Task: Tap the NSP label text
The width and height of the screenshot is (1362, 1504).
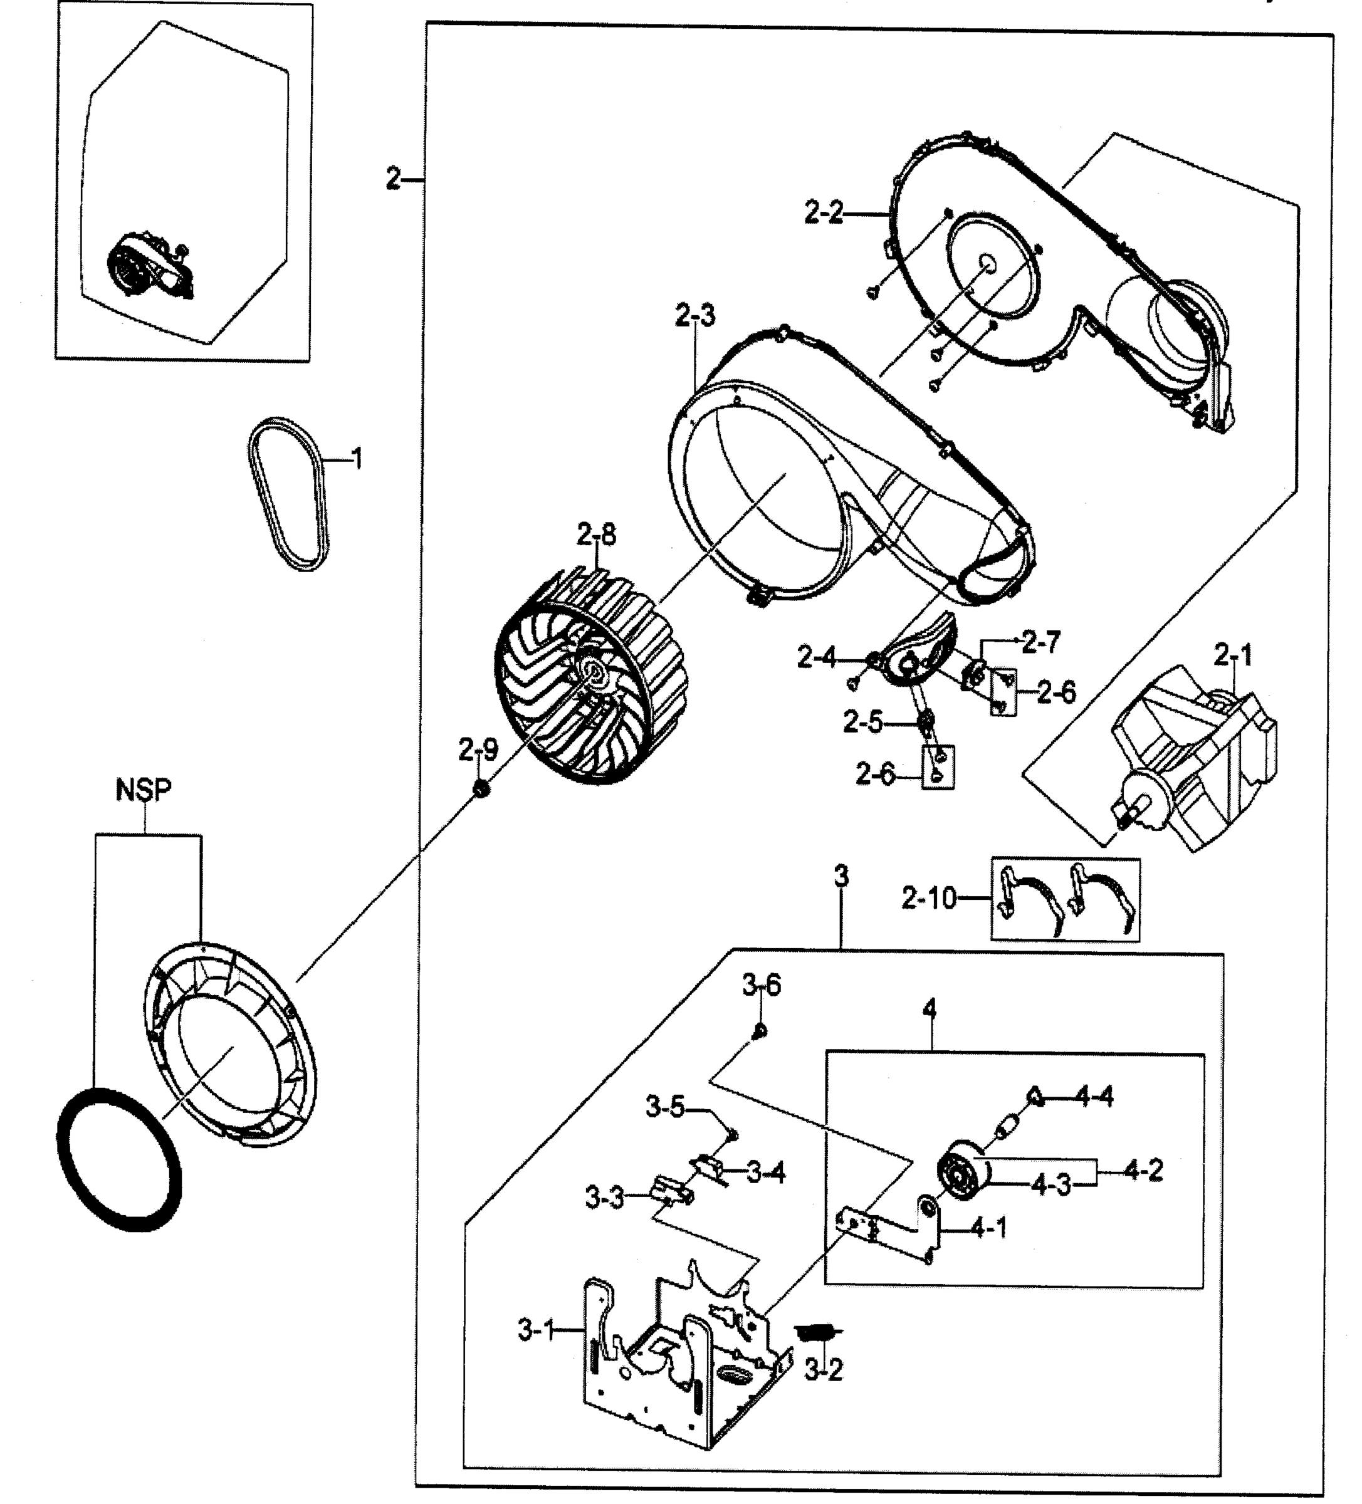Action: point(144,790)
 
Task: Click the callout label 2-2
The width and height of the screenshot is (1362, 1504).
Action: point(823,213)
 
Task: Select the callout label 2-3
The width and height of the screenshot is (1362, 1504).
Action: point(695,316)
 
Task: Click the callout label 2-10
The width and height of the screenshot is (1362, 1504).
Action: point(928,898)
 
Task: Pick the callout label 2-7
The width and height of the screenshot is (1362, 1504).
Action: point(1040,642)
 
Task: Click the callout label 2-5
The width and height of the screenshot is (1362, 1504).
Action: point(862,721)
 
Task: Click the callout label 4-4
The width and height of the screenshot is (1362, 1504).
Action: point(1094,1097)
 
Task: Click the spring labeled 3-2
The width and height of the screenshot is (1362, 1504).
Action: point(819,1332)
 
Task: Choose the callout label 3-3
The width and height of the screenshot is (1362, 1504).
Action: point(604,1199)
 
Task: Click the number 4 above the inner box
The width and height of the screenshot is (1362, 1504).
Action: point(928,1010)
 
